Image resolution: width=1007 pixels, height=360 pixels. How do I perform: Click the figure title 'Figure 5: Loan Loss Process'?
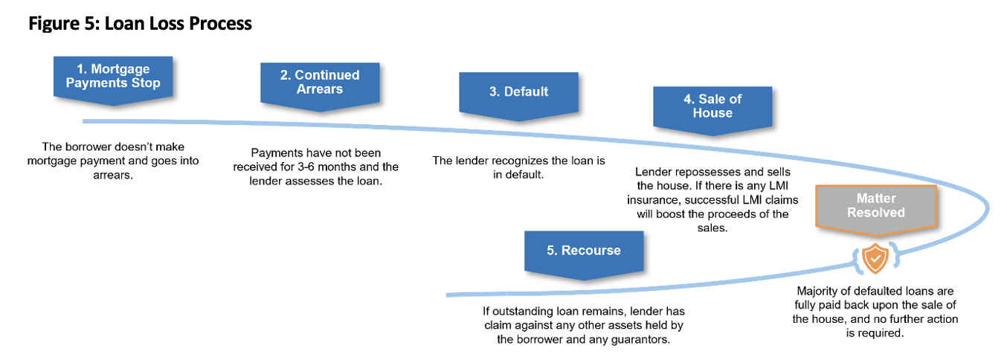click(x=140, y=24)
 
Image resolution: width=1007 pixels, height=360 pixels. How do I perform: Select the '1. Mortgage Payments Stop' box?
click(x=113, y=76)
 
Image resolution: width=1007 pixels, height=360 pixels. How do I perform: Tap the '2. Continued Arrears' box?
click(x=320, y=82)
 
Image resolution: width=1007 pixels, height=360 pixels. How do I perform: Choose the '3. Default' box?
click(x=518, y=91)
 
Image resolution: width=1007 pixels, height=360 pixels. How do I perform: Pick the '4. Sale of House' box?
click(x=712, y=106)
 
